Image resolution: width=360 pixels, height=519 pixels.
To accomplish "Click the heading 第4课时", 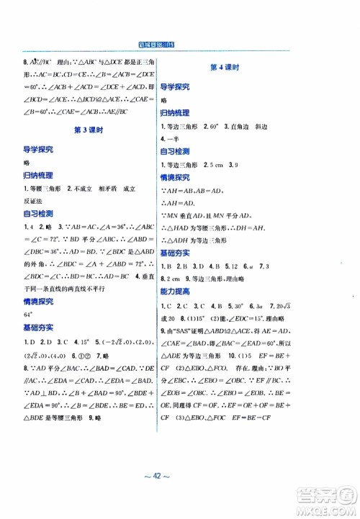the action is pyautogui.click(x=224, y=67).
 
